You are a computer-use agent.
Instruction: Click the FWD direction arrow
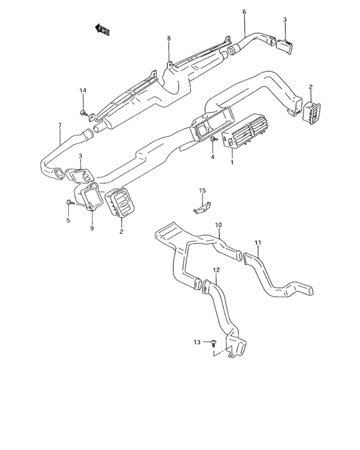(x=102, y=30)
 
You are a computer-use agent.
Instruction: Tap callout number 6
(x=244, y=12)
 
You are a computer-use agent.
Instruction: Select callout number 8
(x=169, y=39)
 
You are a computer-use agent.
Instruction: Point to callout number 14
(x=83, y=91)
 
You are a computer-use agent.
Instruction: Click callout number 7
(x=60, y=125)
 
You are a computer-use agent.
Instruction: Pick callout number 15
(x=203, y=190)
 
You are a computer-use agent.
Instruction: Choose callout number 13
(x=197, y=342)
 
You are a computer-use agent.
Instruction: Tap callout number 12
(x=217, y=270)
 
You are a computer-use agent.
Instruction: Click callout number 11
(x=258, y=243)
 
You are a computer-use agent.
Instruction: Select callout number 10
(x=219, y=225)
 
